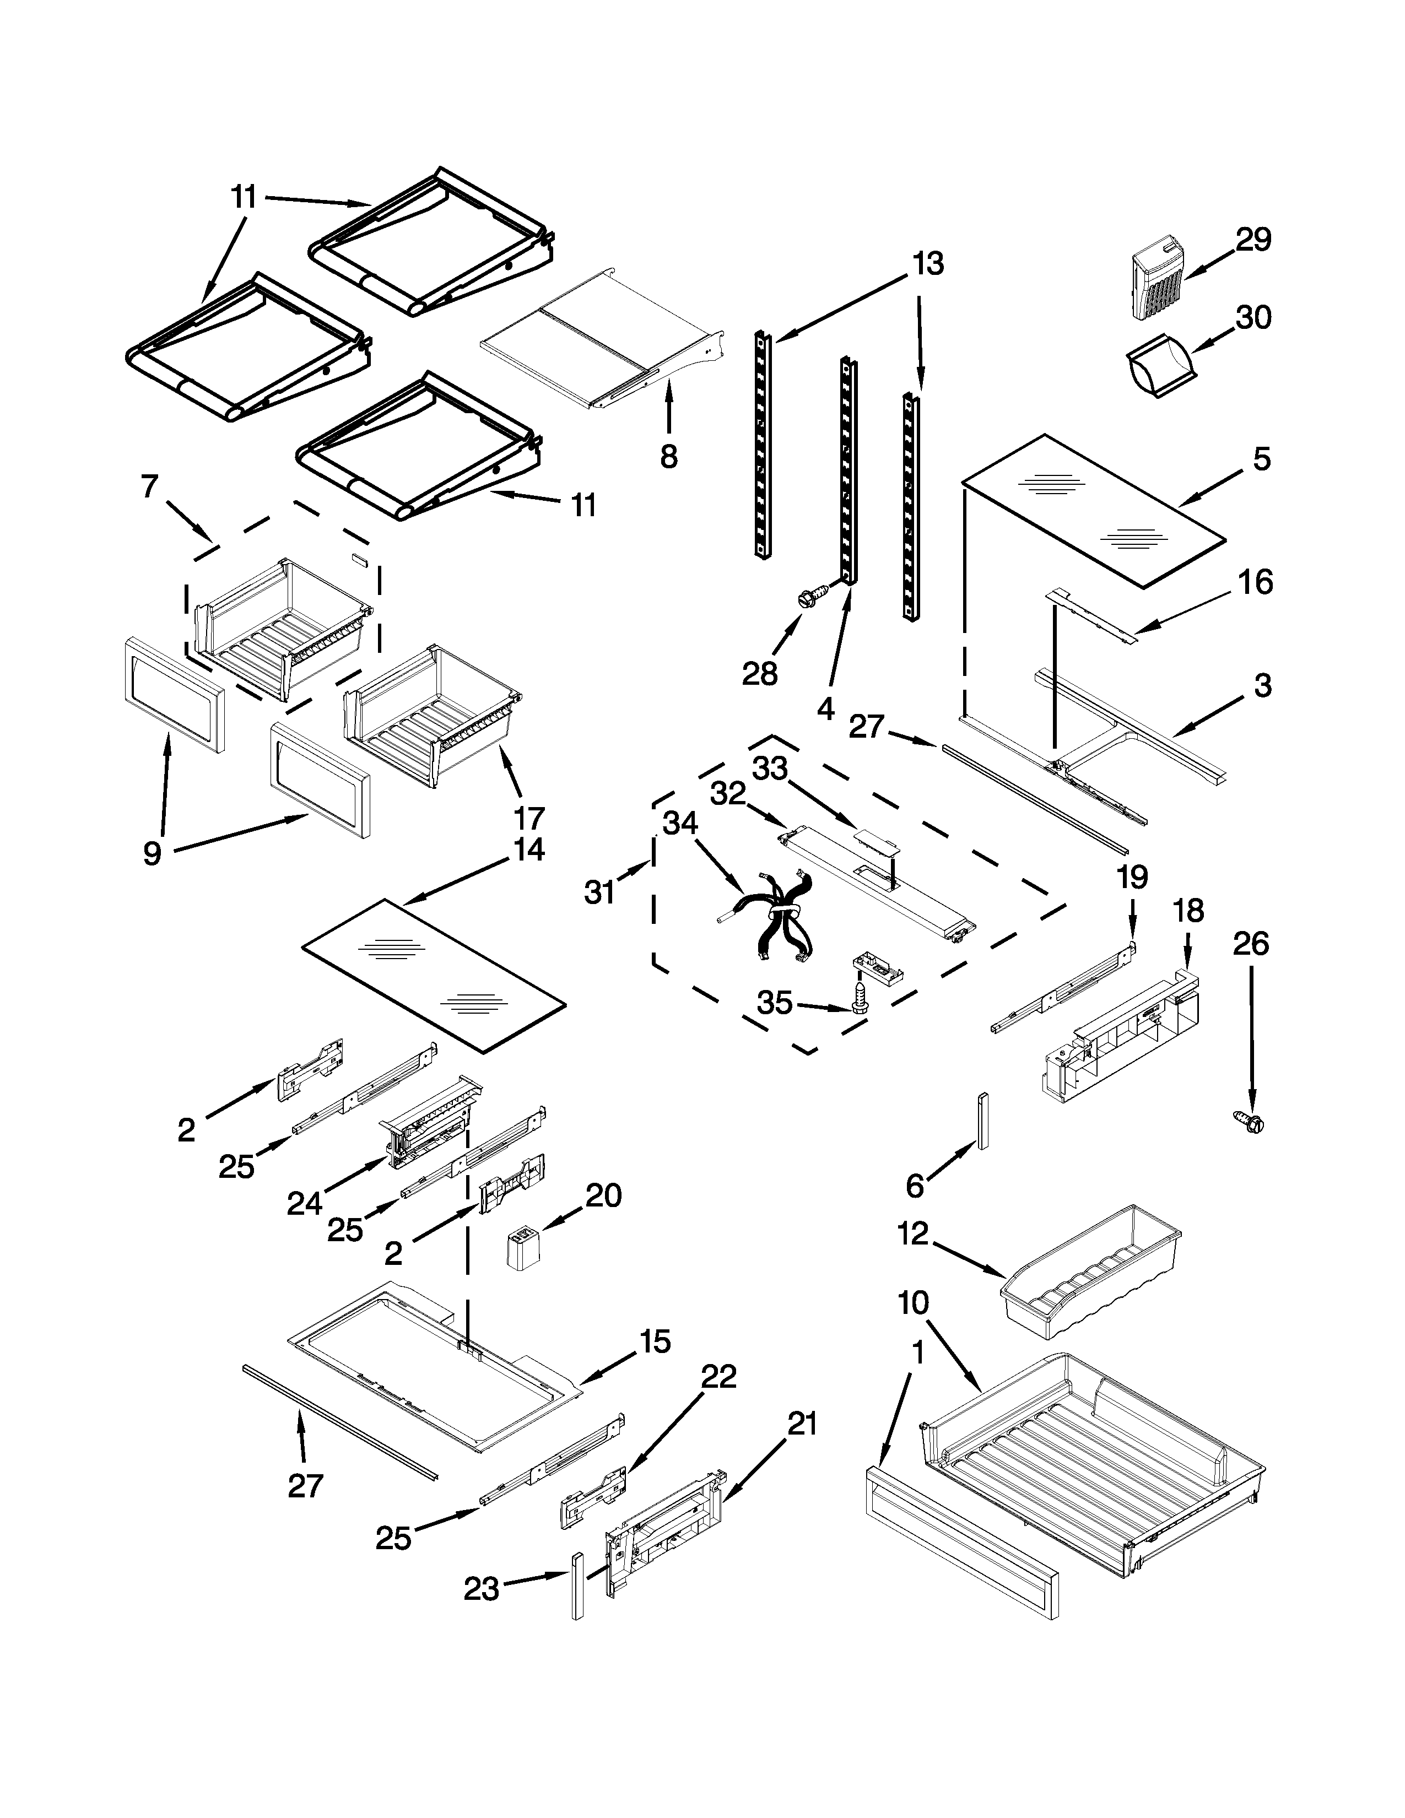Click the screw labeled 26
coord(1250,1122)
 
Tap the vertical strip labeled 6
coord(983,1119)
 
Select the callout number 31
coord(599,892)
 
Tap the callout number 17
coord(529,818)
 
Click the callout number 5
coord(1262,459)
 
